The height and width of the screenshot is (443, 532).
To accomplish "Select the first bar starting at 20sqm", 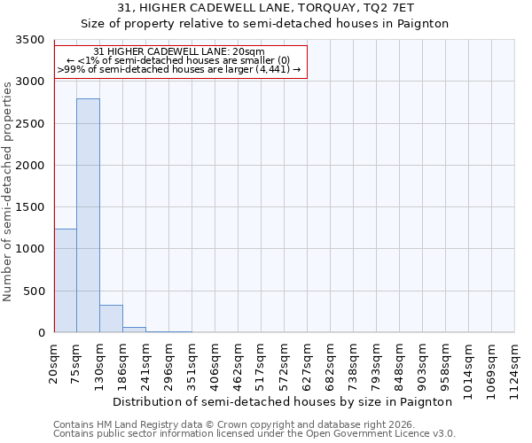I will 66,280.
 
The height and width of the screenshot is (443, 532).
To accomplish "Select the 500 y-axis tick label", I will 36,291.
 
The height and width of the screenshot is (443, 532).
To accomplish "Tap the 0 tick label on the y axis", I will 43,333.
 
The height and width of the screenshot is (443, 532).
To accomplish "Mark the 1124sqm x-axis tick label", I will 515,364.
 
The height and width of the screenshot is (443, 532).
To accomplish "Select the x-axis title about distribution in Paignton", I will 283,401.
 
